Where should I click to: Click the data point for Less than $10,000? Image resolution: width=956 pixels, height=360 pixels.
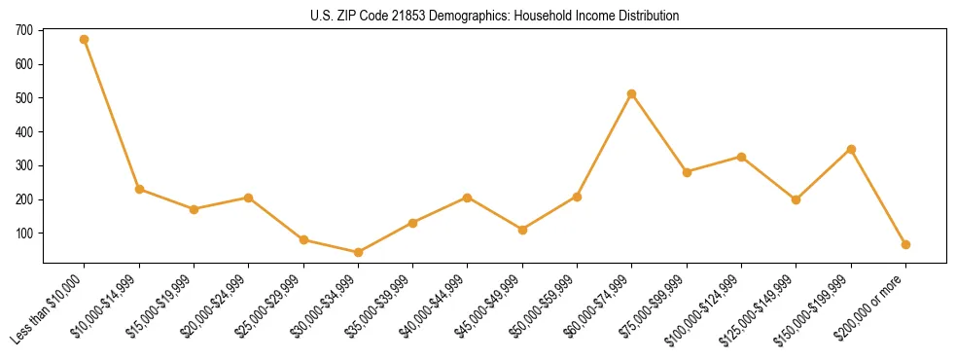click(x=85, y=40)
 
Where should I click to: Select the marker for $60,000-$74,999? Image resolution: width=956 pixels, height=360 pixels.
click(x=632, y=94)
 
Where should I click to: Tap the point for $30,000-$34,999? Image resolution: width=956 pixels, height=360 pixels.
click(x=358, y=253)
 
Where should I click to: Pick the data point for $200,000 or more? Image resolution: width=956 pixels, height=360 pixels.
click(x=905, y=245)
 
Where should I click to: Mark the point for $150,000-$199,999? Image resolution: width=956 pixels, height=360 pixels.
click(x=851, y=150)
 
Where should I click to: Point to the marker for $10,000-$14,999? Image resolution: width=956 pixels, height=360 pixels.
click(x=139, y=189)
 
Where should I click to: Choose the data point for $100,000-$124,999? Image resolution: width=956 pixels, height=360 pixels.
click(x=741, y=157)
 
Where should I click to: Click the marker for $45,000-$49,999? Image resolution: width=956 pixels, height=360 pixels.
click(x=522, y=230)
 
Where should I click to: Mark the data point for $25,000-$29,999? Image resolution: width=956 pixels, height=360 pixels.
click(x=303, y=239)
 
